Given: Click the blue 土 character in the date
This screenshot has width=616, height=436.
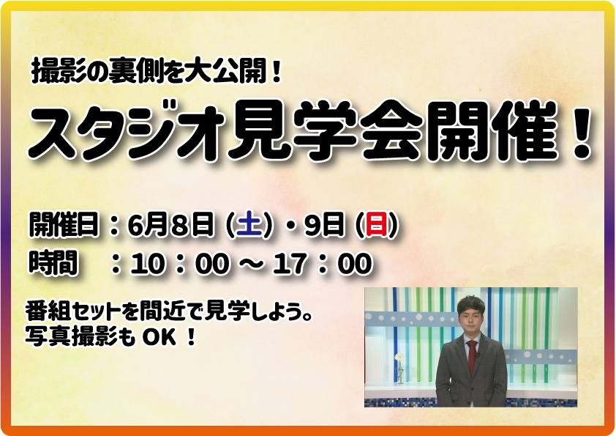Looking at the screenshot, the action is click(x=249, y=226).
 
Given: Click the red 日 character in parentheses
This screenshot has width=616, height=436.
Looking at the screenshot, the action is click(x=376, y=226).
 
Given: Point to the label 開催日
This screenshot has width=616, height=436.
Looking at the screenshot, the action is click(x=64, y=225).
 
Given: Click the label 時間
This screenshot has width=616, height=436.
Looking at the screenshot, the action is click(x=53, y=262).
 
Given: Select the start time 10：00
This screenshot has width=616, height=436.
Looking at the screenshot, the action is click(x=179, y=263).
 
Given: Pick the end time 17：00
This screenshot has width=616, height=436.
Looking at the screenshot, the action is click(x=323, y=263).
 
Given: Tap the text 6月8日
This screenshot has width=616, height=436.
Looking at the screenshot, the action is click(x=171, y=225).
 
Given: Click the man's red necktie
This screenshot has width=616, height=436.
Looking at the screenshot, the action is click(x=472, y=356).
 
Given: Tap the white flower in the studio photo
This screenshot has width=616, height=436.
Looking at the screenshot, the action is click(x=399, y=358).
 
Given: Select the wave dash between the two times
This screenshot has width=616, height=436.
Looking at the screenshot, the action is click(x=251, y=264).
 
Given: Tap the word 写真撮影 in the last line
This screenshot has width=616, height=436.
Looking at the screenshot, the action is click(x=72, y=337).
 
